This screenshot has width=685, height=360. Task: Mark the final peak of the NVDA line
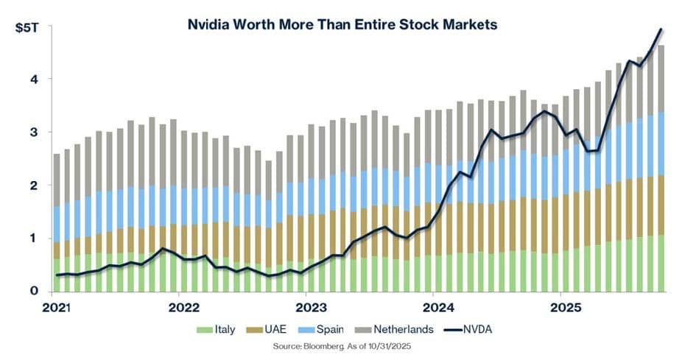coord(661,29)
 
